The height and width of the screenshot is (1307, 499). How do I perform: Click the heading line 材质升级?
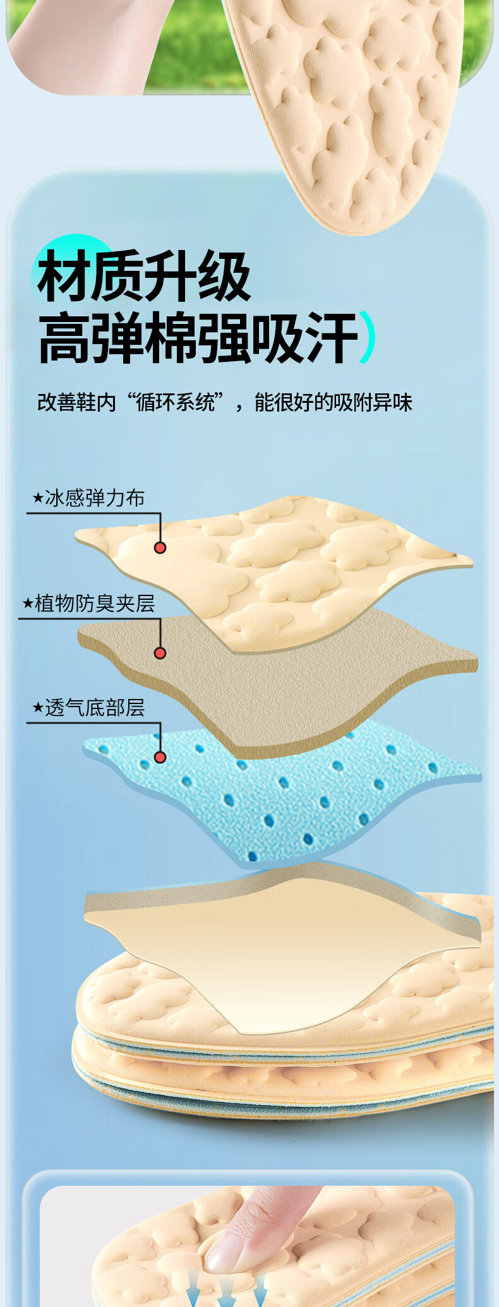click(144, 276)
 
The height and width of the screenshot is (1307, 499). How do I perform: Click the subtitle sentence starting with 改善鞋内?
click(225, 402)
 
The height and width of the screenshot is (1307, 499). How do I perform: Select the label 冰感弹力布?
click(95, 498)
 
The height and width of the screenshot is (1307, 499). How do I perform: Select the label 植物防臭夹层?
click(95, 604)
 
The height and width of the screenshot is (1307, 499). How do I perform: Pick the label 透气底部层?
click(95, 708)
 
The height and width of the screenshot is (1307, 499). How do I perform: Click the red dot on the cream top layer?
click(160, 547)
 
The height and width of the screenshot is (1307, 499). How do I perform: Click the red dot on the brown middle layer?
click(160, 653)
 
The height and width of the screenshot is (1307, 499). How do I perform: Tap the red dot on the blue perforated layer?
click(160, 757)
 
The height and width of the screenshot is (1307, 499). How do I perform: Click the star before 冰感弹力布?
click(38, 498)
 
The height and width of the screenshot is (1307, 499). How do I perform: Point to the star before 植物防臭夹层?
click(28, 604)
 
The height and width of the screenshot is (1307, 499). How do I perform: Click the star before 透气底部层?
click(38, 708)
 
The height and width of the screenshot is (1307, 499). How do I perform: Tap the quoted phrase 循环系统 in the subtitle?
click(176, 402)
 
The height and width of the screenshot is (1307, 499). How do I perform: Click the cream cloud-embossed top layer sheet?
click(275, 571)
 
